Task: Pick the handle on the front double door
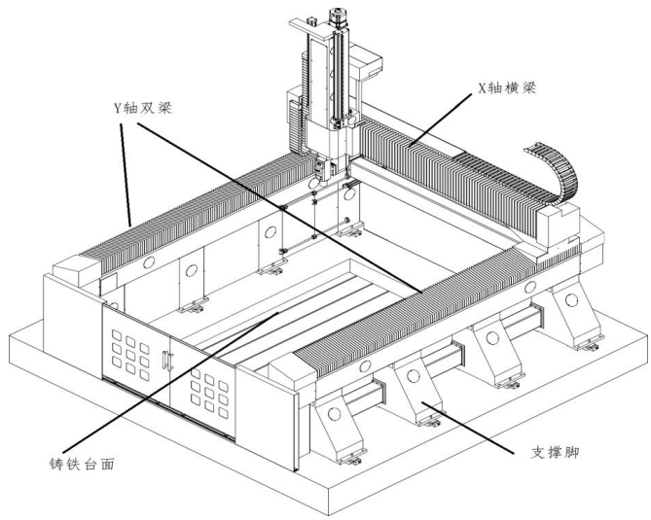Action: tap(166, 360)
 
